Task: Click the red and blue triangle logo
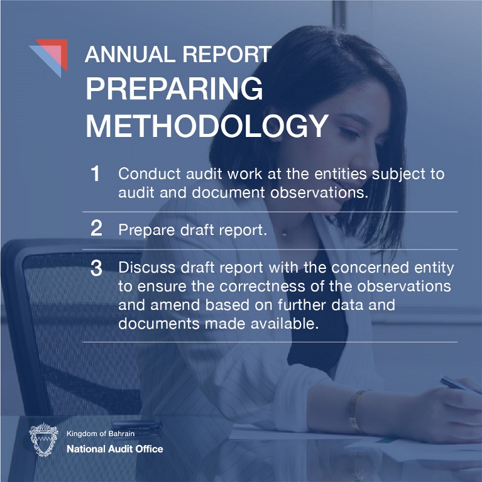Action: coord(51,55)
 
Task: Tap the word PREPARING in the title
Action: coord(174,89)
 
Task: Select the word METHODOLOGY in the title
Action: coord(207,126)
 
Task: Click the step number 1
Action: coord(96,173)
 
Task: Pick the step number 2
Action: coord(96,228)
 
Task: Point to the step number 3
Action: coord(96,268)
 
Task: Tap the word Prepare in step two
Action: coord(146,230)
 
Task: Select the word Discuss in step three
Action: coord(147,268)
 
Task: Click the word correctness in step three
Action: coord(262,287)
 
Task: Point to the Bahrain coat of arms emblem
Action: coord(43,439)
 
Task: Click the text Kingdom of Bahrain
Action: coord(101,434)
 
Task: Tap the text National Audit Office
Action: coord(114,449)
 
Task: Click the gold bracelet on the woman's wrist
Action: coord(356,410)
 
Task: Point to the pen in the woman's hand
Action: coord(459,384)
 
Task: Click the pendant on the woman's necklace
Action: coord(285,234)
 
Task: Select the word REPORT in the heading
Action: coord(227,55)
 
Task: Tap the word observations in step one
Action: coord(319,193)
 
